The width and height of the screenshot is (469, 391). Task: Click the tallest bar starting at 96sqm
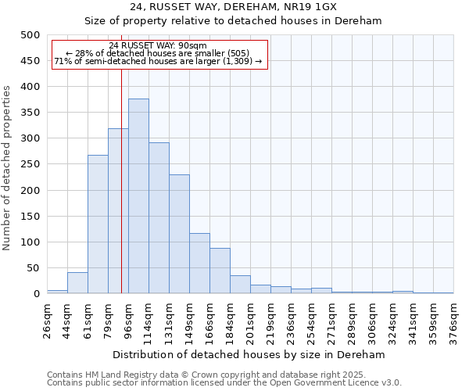click(x=138, y=196)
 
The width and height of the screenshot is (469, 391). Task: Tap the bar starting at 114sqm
click(x=159, y=218)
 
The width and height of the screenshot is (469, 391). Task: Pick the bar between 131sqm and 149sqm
click(x=179, y=234)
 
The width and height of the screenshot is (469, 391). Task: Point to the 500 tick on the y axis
click(x=30, y=35)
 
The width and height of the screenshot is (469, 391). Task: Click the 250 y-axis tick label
click(x=30, y=164)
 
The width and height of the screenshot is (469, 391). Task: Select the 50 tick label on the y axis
click(x=34, y=268)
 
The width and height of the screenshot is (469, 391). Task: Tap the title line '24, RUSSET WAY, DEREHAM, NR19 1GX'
click(x=250, y=6)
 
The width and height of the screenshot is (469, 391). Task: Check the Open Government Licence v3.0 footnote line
click(x=224, y=383)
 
